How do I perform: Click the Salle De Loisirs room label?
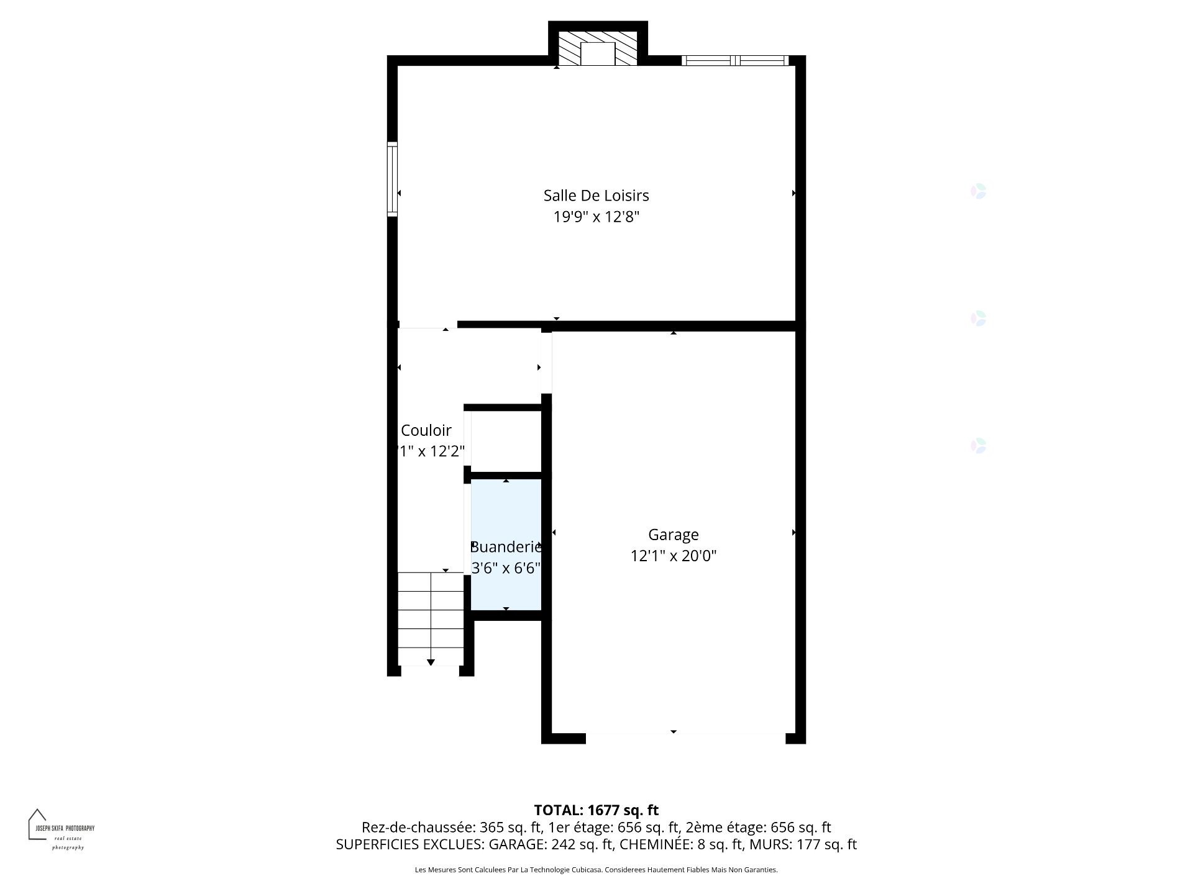[596, 196]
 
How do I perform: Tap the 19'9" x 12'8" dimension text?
[596, 217]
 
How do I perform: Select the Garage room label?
[673, 535]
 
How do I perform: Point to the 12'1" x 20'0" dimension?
[673, 556]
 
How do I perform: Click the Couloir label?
[426, 430]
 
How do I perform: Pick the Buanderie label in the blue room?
[506, 547]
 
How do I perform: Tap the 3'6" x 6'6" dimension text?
[506, 568]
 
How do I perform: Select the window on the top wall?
[735, 60]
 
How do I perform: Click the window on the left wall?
[392, 179]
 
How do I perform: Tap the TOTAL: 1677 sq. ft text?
[596, 810]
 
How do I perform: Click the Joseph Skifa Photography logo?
[60, 829]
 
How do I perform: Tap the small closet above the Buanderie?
[506, 441]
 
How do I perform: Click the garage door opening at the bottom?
[685, 738]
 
